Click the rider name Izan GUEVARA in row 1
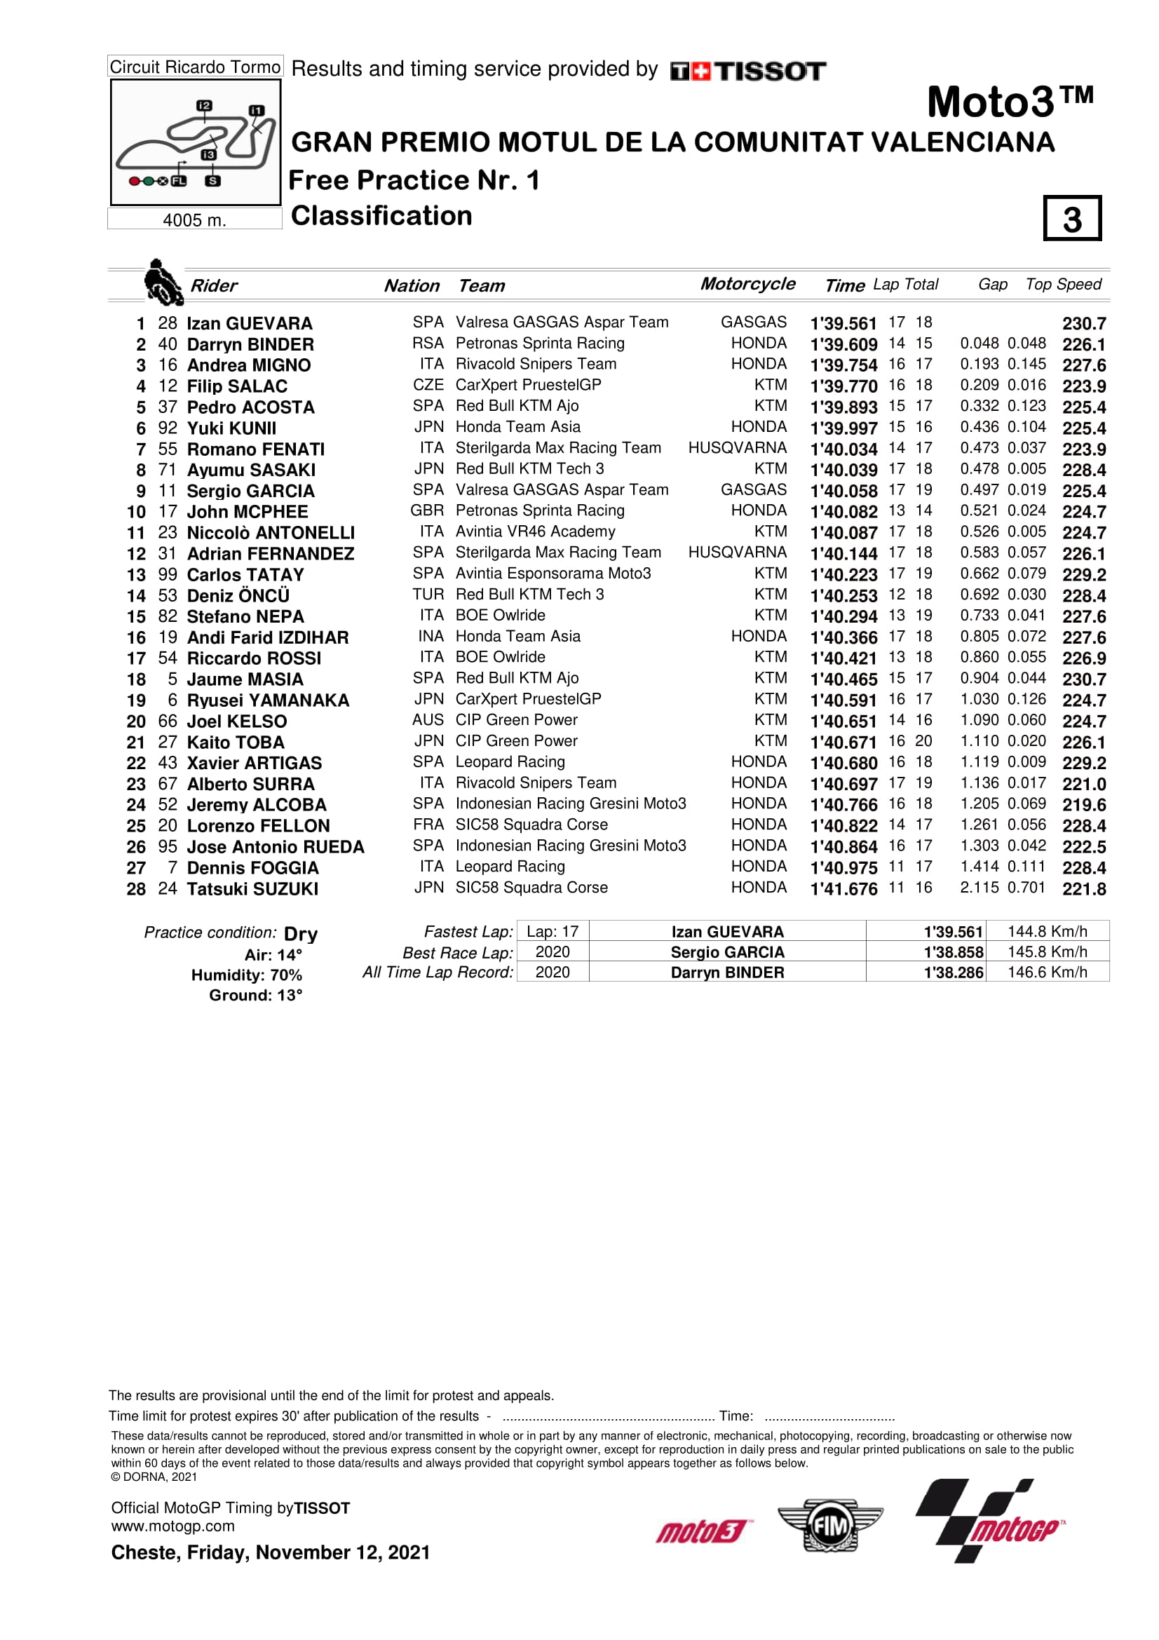tap(249, 323)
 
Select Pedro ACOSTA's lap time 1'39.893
tap(843, 407)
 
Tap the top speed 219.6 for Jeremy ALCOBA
tap(1083, 805)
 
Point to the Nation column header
tap(412, 285)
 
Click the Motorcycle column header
tap(747, 283)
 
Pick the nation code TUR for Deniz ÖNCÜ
tap(428, 595)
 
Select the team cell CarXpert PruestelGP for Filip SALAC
tap(528, 385)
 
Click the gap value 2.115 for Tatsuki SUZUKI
tap(979, 888)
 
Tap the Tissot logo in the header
tap(747, 71)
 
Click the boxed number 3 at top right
tap(1071, 219)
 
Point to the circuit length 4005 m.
tap(194, 220)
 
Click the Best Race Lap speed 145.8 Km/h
tap(1047, 952)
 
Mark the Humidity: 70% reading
tap(246, 975)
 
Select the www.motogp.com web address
tap(172, 1526)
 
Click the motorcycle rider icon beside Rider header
tap(162, 282)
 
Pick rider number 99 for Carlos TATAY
tap(167, 575)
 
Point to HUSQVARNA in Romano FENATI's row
tap(737, 448)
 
